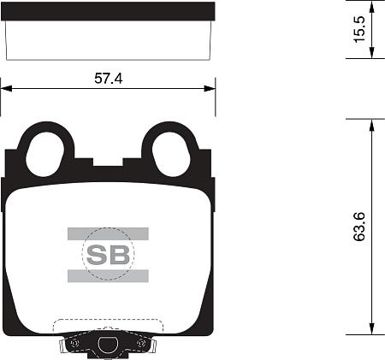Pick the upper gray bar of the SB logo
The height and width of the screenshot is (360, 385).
pyautogui.click(x=108, y=233)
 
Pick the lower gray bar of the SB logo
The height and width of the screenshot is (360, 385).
pyautogui.click(x=108, y=274)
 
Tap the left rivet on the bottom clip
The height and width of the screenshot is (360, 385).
pyautogui.click(x=74, y=344)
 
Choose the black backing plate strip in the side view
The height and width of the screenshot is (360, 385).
pyautogui.click(x=108, y=10)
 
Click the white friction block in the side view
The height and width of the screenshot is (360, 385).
pyautogui.click(x=108, y=34)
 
